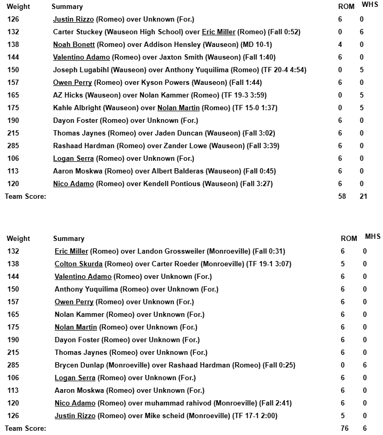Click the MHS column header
point(372,237)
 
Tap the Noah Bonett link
point(73,45)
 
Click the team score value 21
point(363,197)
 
